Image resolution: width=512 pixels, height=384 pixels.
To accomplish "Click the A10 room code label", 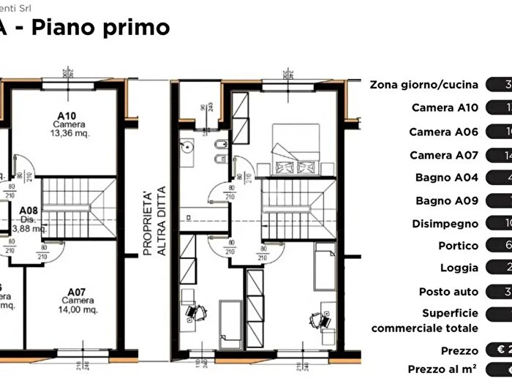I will pyautogui.click(x=67, y=116).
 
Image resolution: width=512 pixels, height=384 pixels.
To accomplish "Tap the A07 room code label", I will pyautogui.click(x=78, y=291).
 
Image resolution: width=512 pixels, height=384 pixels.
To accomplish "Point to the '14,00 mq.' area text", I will pyautogui.click(x=78, y=309).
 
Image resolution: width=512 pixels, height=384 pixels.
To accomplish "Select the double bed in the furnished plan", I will pyautogui.click(x=295, y=148).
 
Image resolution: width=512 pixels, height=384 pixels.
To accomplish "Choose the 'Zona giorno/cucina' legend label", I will pyautogui.click(x=424, y=84).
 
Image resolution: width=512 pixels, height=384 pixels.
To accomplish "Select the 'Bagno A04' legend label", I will pyautogui.click(x=447, y=178).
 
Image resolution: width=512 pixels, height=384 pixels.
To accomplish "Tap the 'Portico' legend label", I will pyautogui.click(x=459, y=246).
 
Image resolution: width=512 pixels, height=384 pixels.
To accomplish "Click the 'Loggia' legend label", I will pyautogui.click(x=459, y=268).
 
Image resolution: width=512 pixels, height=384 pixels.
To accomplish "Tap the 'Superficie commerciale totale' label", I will pyautogui.click(x=425, y=321).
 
